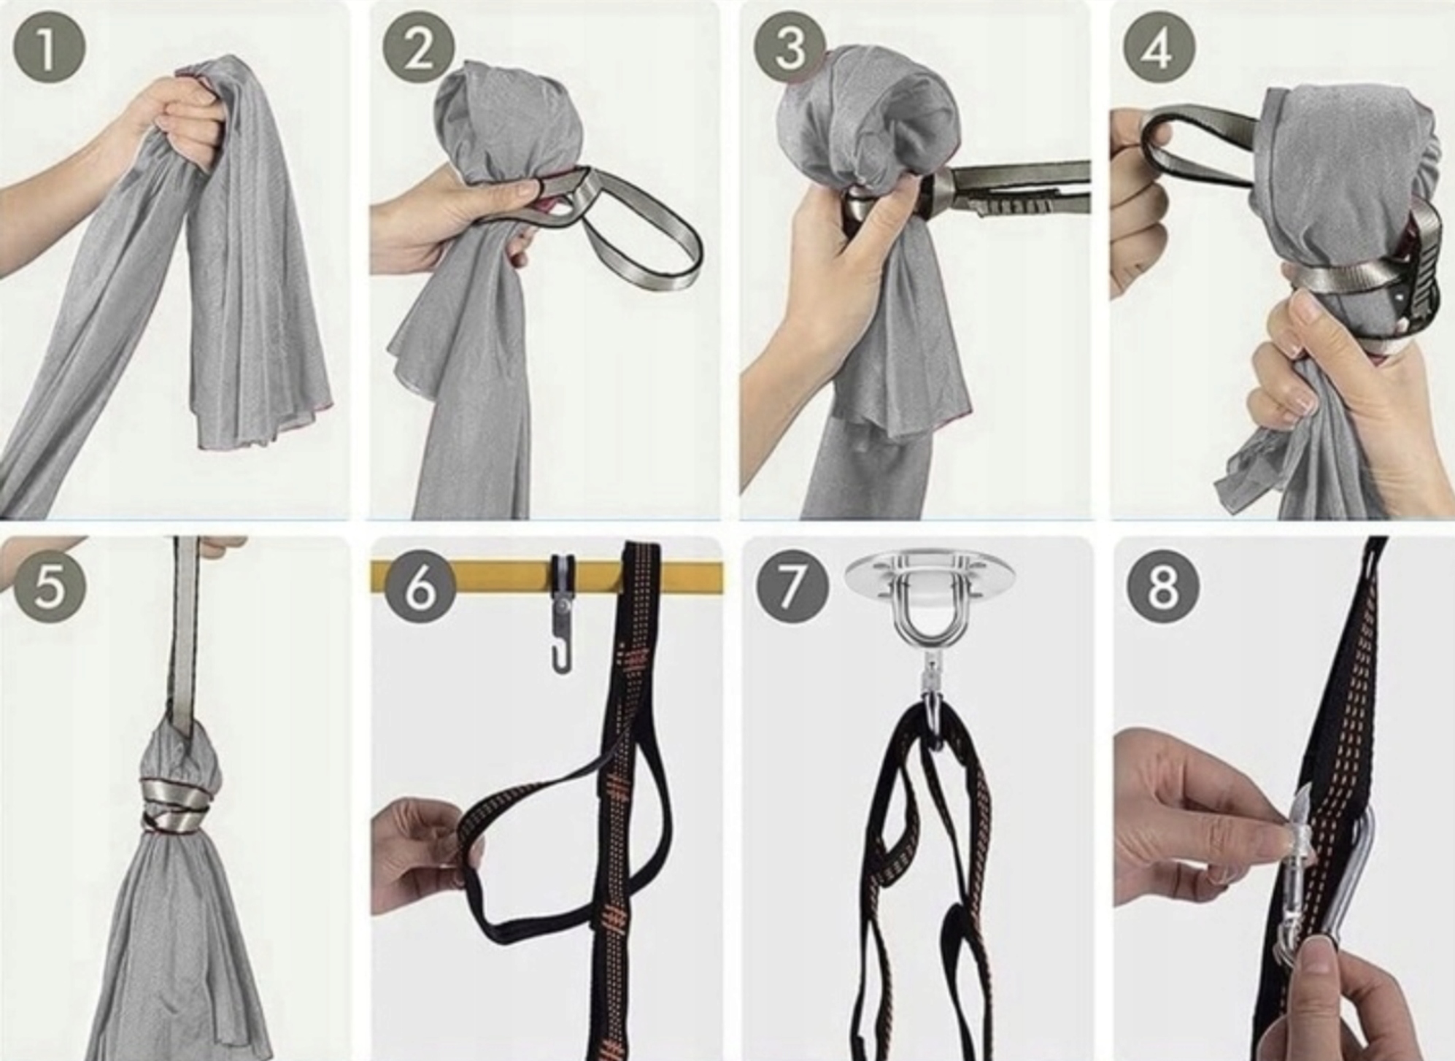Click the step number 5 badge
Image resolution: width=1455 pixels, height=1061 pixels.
pos(49,586)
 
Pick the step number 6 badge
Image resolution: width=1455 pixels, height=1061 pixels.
pos(419,586)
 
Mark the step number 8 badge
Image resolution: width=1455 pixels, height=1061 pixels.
pos(1163,586)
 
